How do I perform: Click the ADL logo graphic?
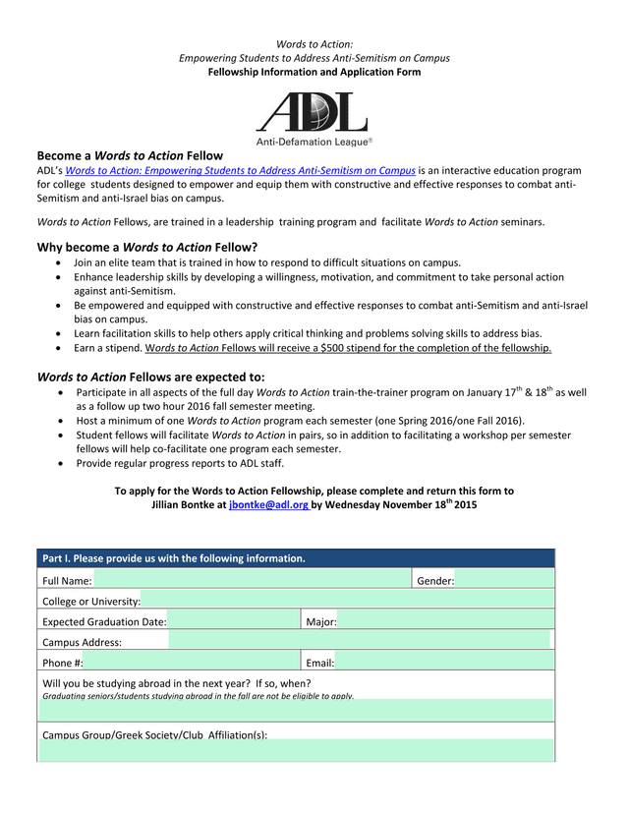pyautogui.click(x=314, y=111)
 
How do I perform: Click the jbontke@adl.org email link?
pyautogui.click(x=268, y=504)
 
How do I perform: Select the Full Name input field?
pyautogui.click(x=252, y=580)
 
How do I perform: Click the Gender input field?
pyautogui.click(x=503, y=580)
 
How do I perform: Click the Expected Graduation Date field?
pyautogui.click(x=232, y=621)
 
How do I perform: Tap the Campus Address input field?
pyautogui.click(x=359, y=642)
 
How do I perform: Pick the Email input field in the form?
pyautogui.click(x=442, y=663)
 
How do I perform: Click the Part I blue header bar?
pyautogui.click(x=295, y=558)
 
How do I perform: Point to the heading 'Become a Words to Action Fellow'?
pyautogui.click(x=130, y=155)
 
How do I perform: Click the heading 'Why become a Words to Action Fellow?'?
pyautogui.click(x=147, y=247)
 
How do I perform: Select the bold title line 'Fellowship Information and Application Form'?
pyautogui.click(x=314, y=72)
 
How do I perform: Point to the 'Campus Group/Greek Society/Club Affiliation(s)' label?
pyautogui.click(x=154, y=734)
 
